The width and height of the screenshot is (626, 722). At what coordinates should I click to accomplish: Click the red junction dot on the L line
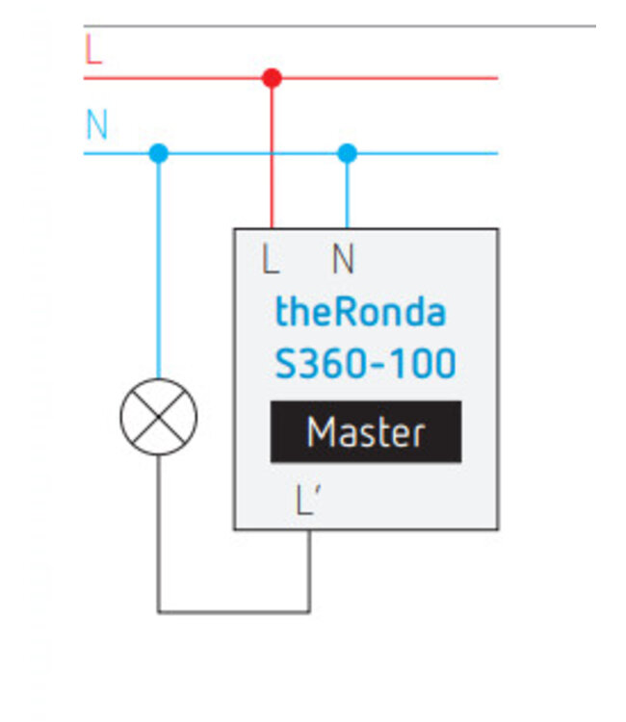(x=272, y=77)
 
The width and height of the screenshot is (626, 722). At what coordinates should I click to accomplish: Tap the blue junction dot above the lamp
(x=159, y=153)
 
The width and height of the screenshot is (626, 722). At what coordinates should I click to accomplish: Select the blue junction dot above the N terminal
(x=348, y=153)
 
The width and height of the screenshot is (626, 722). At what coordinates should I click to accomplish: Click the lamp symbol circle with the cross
(x=159, y=417)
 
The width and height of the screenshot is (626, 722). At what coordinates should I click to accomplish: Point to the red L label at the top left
(x=92, y=50)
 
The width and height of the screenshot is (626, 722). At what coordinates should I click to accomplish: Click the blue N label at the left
(x=96, y=125)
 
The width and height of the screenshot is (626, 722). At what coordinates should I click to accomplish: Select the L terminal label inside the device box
(x=272, y=258)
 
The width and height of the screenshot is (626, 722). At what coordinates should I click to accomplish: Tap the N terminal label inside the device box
(x=343, y=258)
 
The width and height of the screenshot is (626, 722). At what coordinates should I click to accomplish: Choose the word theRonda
(x=360, y=312)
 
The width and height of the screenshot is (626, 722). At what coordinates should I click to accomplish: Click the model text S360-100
(x=365, y=365)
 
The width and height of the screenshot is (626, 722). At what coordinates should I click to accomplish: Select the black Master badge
(x=365, y=432)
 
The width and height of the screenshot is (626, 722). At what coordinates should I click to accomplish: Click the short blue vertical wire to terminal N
(x=348, y=193)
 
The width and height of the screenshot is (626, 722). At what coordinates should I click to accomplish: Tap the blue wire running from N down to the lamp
(x=159, y=270)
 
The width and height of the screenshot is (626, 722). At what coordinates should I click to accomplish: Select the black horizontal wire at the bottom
(x=234, y=611)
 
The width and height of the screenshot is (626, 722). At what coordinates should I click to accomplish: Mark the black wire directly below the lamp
(x=159, y=529)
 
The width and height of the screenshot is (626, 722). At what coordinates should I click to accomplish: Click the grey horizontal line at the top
(x=337, y=26)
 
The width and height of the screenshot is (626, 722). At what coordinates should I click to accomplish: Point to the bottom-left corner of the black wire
(x=159, y=611)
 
